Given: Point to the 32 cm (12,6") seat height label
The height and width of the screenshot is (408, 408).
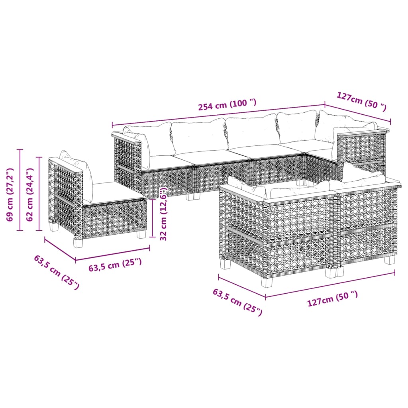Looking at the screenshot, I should (163, 214).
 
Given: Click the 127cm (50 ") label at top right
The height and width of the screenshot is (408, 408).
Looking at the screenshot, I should (361, 101).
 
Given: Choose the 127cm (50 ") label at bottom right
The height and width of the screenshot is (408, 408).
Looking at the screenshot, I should (332, 299).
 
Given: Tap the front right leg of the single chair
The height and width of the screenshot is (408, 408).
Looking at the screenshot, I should (141, 234).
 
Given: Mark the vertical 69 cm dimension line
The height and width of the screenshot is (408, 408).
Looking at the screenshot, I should (21, 190).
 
